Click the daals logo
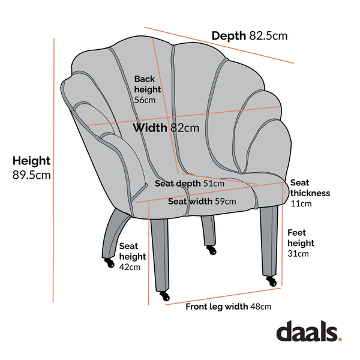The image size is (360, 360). (x=309, y=331)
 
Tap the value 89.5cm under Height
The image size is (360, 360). (x=31, y=175)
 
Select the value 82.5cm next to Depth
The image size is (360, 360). (x=268, y=36)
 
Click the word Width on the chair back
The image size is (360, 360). (x=150, y=128)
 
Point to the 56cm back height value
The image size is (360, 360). (x=145, y=100)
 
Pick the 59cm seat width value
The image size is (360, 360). (x=226, y=202)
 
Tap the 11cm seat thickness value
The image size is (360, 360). (x=301, y=203)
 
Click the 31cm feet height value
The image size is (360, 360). (x=298, y=254)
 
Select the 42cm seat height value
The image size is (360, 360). (x=130, y=267)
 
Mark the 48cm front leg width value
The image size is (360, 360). (x=260, y=307)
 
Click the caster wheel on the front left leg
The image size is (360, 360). (x=165, y=296)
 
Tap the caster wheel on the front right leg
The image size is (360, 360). (x=272, y=281)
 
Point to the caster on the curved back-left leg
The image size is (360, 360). (x=110, y=263)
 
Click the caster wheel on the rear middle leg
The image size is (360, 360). (x=212, y=250)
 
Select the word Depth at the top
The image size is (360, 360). (x=229, y=36)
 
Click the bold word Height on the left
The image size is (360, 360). (x=31, y=161)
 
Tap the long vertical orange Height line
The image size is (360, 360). (x=54, y=170)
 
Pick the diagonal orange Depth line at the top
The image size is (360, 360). (x=219, y=45)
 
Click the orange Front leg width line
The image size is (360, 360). (x=223, y=296)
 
